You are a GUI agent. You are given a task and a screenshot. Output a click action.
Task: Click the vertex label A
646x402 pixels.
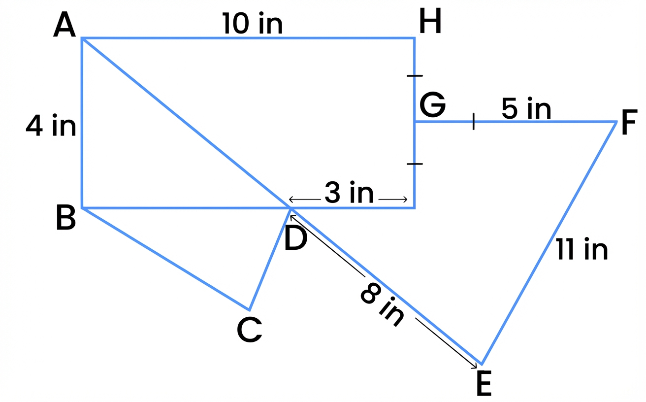tap(65, 26)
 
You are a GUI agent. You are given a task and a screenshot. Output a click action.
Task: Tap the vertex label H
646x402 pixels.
tap(430, 23)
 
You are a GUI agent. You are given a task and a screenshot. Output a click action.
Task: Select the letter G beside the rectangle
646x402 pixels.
tap(432, 105)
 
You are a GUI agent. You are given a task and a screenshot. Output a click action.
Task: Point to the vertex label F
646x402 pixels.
tap(629, 124)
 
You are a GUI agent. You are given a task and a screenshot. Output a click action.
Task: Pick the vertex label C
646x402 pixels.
tap(249, 330)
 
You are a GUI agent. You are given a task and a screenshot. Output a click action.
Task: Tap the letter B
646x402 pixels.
tap(66, 218)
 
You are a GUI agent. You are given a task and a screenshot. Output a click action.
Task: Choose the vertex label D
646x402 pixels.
tap(295, 238)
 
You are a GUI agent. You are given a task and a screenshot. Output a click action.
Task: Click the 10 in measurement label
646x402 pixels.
tap(253, 24)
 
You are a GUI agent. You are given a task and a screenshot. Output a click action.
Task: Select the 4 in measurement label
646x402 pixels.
tap(51, 127)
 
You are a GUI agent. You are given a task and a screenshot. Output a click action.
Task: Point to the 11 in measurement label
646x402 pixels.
tap(582, 249)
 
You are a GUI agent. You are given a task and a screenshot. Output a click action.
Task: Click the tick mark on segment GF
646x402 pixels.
tap(473, 121)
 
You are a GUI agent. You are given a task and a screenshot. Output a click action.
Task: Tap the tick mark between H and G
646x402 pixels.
tap(415, 76)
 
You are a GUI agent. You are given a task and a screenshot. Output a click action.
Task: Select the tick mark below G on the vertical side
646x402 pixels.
tap(415, 164)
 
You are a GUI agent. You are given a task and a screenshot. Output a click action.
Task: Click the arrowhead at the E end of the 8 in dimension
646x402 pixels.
tap(474, 366)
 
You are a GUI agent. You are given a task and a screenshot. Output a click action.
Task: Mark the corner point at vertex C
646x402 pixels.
tap(249, 309)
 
